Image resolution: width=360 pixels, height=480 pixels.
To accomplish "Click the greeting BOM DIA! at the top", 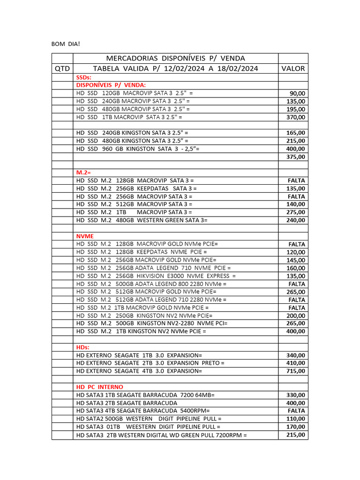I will click(66, 44).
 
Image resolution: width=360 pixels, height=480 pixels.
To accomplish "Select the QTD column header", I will click(62, 68).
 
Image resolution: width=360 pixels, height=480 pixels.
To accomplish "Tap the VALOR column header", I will click(293, 68).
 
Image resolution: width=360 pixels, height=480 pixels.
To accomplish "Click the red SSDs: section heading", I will click(84, 77).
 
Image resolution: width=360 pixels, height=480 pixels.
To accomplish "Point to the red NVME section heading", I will click(85, 236).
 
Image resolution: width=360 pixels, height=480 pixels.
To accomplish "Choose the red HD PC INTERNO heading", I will click(100, 387).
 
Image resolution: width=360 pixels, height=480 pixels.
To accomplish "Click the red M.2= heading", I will click(84, 172).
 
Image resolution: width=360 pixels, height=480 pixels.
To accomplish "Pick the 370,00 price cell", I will click(296, 117).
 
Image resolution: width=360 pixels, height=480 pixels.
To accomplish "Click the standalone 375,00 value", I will click(296, 157).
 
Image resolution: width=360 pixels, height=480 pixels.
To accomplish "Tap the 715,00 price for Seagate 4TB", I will click(296, 371).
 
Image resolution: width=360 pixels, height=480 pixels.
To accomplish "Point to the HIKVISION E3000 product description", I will click(156, 276).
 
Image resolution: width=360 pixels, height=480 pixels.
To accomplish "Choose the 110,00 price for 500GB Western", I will click(296, 419).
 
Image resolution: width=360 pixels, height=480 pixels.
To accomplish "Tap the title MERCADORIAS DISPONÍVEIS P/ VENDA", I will click(176, 58).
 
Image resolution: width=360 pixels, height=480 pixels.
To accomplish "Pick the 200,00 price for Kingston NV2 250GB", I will click(296, 315).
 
